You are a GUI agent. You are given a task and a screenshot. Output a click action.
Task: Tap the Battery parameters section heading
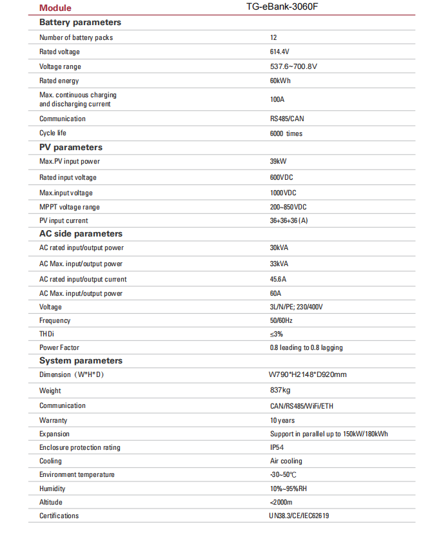80,23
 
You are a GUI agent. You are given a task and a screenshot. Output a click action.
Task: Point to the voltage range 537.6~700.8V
293,66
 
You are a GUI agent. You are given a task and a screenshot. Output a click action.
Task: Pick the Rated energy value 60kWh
280,81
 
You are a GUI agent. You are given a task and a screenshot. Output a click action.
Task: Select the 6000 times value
286,133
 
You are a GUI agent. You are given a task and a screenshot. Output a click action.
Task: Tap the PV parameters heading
71,148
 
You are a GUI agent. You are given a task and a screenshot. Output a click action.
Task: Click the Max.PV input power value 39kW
279,162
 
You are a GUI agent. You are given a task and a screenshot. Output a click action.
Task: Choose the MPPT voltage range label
70,207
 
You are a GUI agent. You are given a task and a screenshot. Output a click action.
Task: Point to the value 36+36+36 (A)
289,220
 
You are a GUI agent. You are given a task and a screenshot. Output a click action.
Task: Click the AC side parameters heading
81,234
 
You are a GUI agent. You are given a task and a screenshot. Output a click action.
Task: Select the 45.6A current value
278,279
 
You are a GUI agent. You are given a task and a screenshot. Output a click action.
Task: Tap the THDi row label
48,334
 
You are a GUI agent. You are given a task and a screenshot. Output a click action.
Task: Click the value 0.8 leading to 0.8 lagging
306,347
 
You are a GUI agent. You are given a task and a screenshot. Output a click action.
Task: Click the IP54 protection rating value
277,447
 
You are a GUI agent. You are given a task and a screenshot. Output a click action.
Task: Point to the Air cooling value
286,461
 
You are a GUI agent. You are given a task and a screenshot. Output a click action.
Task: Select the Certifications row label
59,516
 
